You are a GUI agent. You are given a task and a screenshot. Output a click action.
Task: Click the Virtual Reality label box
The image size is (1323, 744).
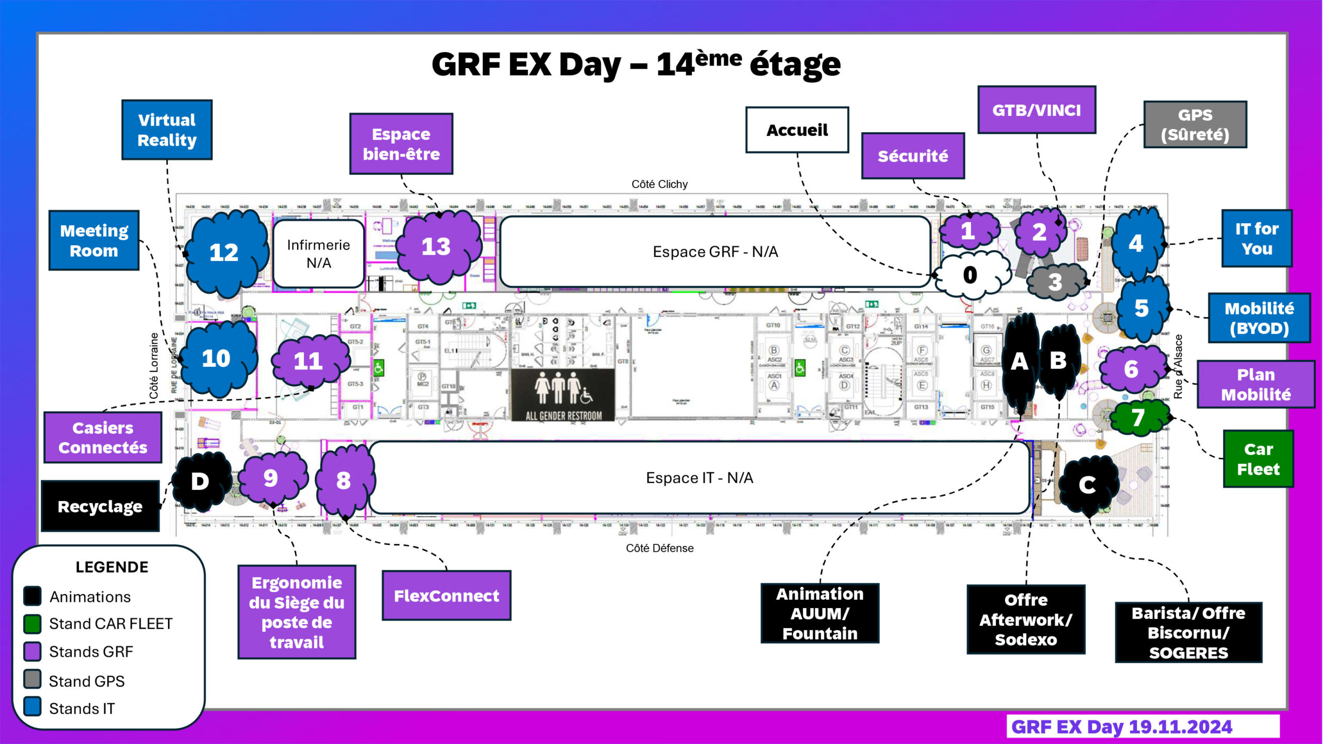pos(167,130)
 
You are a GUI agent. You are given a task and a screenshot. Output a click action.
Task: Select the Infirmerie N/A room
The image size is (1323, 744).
pos(318,254)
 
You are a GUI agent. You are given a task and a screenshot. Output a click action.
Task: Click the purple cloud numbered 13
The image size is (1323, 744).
pos(437,246)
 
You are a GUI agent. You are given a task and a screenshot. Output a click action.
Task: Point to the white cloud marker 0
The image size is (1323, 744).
pos(970,275)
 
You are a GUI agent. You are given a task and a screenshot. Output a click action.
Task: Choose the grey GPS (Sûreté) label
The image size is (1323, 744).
pos(1195,125)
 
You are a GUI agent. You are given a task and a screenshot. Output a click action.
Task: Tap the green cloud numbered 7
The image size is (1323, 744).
pos(1138,417)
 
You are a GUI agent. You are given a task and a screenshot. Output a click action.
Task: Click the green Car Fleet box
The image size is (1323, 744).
pos(1258,459)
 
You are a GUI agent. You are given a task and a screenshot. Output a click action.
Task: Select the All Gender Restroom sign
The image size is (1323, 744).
pos(563,395)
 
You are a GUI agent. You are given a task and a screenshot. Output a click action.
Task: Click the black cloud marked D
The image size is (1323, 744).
pos(200,482)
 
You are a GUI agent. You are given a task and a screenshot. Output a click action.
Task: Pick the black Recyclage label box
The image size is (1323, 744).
pos(100,506)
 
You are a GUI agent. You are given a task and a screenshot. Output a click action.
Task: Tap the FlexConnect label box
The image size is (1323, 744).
pos(447,596)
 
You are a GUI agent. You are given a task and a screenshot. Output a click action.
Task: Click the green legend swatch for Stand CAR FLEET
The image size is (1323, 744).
pos(33,624)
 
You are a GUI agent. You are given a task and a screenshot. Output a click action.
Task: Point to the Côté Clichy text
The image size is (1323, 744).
pos(659,184)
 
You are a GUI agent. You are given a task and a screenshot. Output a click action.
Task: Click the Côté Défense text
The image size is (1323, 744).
pos(659,548)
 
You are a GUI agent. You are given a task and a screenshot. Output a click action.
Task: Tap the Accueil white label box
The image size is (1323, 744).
pos(797,130)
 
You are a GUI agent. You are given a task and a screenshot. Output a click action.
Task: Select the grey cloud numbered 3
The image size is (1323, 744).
pos(1055,282)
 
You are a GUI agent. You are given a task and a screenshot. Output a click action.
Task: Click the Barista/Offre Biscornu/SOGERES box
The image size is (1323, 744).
pos(1188,632)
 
